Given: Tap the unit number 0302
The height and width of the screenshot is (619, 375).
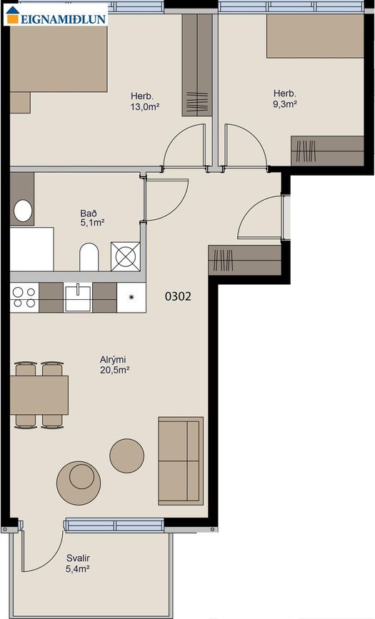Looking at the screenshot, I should click(178, 296).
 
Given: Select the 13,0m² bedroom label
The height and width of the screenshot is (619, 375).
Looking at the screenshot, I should click(144, 101).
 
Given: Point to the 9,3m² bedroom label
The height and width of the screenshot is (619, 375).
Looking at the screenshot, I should click(285, 99).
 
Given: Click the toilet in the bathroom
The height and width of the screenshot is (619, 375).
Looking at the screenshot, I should click(89, 258).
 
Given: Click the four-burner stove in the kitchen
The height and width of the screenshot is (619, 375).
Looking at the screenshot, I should click(24, 296).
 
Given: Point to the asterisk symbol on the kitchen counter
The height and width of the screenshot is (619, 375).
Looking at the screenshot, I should click(131, 296).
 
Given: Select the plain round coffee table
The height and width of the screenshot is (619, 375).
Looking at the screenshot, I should click(126, 453).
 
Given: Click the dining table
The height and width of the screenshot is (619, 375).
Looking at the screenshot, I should click(39, 395).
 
